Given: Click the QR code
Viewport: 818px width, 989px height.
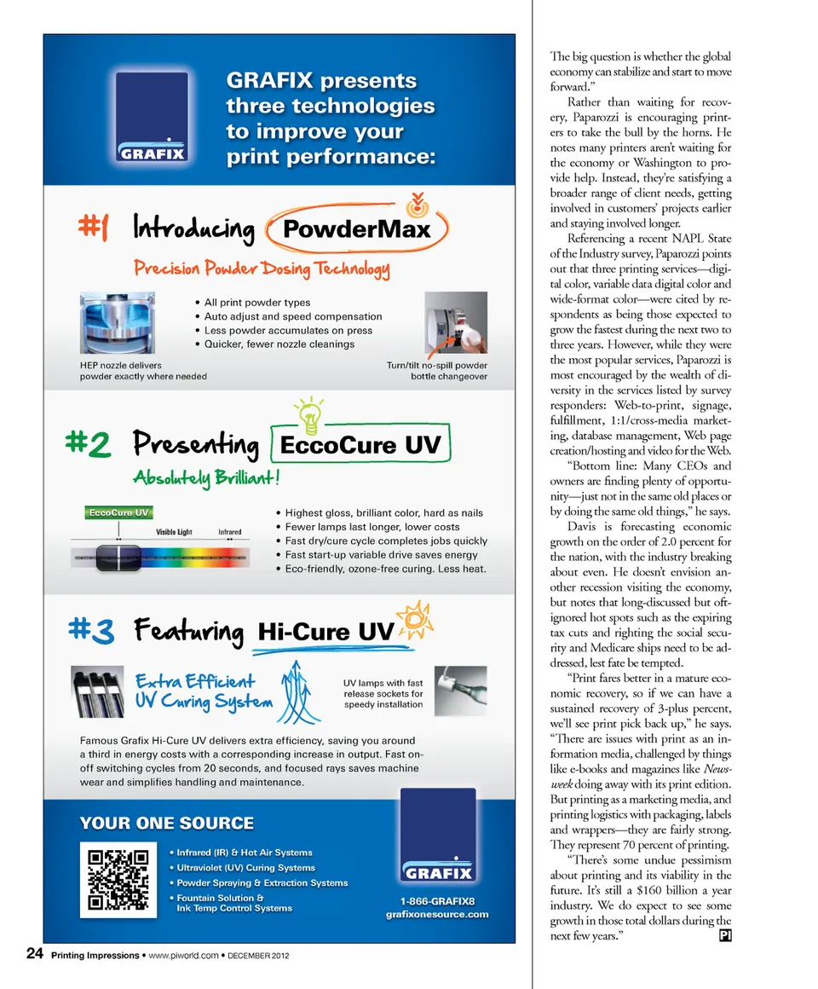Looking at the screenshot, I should [118, 882].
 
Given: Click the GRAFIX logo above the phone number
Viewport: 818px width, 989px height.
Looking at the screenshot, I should [437, 838].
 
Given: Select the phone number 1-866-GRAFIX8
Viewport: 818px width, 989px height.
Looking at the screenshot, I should [437, 900].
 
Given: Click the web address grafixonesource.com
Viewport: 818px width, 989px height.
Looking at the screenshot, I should [437, 915].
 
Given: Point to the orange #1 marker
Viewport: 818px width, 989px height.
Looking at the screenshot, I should [94, 228].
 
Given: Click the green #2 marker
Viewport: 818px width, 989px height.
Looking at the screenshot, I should [87, 444].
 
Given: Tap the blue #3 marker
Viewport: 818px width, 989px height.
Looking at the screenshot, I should [89, 631].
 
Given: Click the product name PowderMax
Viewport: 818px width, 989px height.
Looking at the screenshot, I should [355, 229].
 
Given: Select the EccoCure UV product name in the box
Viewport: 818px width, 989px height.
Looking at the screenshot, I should [361, 445].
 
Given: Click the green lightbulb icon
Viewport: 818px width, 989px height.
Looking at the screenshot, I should [308, 412].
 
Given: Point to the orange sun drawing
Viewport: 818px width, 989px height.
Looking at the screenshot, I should [416, 616].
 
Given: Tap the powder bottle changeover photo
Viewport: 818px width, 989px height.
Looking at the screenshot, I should [455, 324].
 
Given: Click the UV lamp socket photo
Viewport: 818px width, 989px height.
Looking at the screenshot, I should [460, 691].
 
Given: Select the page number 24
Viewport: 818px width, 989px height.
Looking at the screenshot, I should [35, 955].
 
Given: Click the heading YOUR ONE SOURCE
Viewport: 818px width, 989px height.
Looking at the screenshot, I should [166, 823].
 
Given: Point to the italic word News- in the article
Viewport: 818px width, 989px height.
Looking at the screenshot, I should [718, 769].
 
